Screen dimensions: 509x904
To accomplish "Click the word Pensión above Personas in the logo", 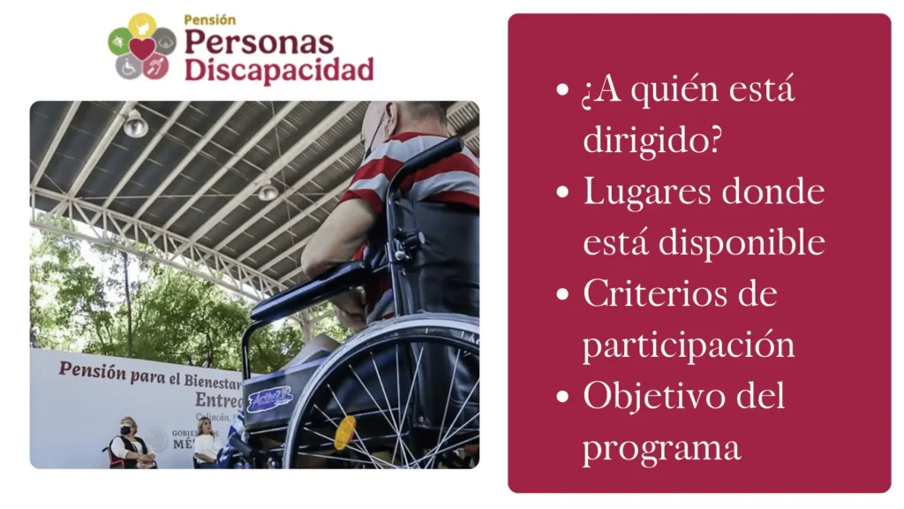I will coord(210,19).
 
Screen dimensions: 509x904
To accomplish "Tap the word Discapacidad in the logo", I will coord(278,70).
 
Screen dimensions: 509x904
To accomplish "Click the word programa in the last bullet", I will coord(661,447).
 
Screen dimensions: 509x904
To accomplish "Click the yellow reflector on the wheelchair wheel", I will coord(345,433).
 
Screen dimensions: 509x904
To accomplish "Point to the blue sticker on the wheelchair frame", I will coord(269,399).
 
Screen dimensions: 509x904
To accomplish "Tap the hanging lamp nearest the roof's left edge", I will coord(135,125).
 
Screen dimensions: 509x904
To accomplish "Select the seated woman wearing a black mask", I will coord(132,444).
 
